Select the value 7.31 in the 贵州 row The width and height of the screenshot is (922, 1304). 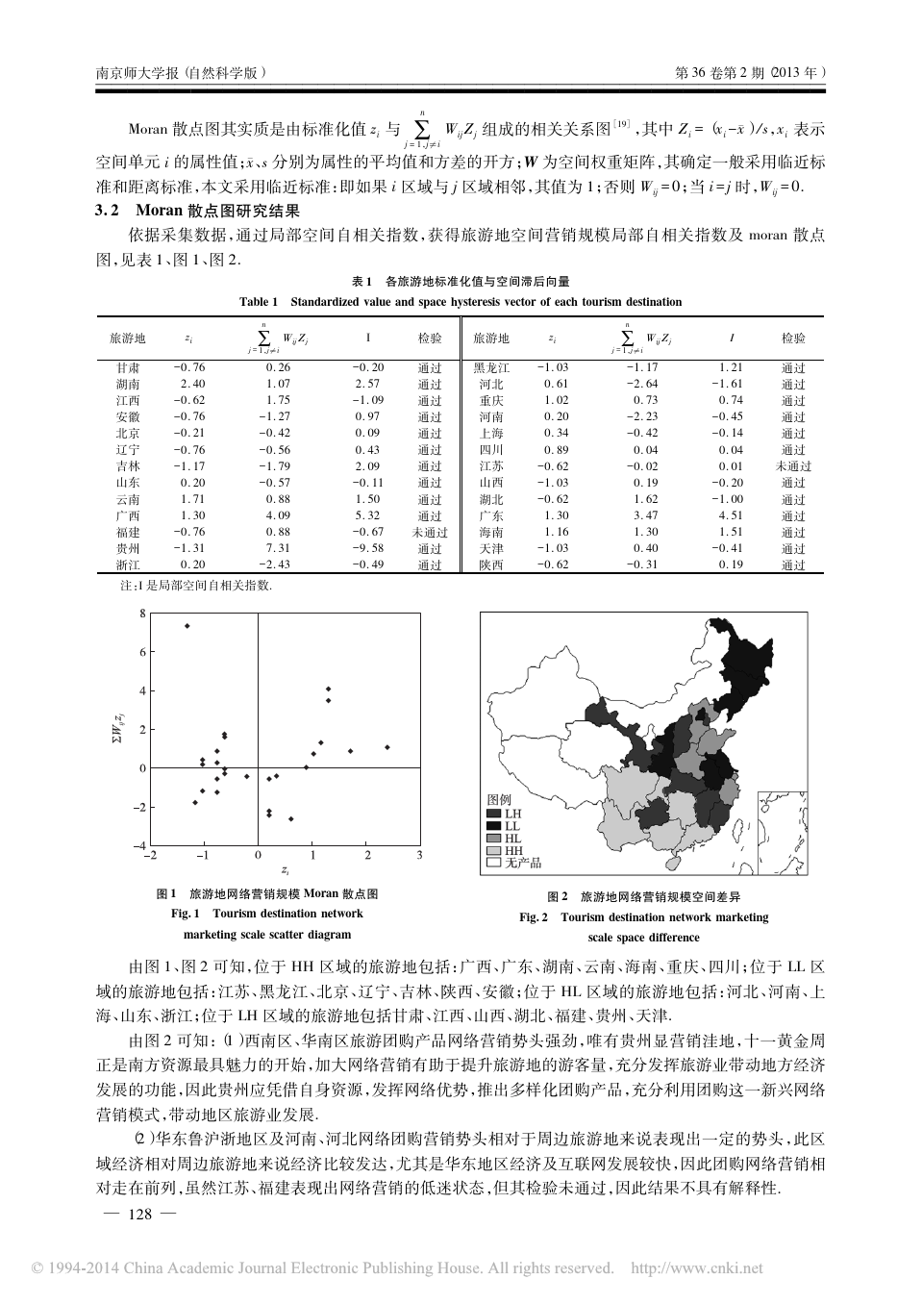point(277,548)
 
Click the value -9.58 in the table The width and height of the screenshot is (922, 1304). point(367,548)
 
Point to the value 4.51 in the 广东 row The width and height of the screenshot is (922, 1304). point(731,515)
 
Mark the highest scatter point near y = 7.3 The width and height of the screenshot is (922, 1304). point(187,626)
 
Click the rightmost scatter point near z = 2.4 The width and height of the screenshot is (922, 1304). point(387,747)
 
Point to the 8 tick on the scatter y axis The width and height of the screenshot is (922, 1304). point(142,613)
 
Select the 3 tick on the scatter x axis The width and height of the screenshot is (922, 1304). point(419,854)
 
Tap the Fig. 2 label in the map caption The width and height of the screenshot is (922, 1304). point(535,917)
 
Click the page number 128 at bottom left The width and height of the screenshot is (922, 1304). point(140,1215)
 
